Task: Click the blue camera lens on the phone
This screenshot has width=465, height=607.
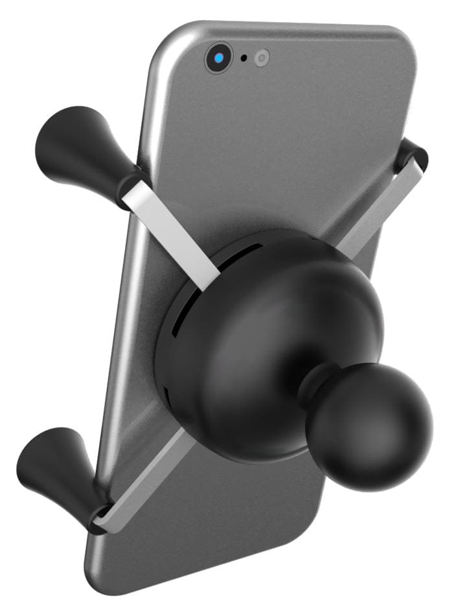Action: (x=220, y=59)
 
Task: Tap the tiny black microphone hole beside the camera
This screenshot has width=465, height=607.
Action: (x=244, y=58)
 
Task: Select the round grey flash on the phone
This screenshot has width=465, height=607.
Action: (x=261, y=58)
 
